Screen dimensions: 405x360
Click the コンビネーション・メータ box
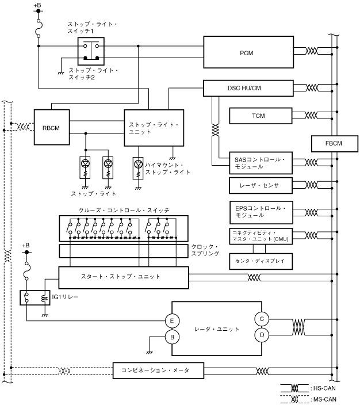pos(159,370)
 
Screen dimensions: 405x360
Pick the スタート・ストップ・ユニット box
pos(124,277)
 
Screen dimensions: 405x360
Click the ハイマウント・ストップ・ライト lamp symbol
pos(139,166)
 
